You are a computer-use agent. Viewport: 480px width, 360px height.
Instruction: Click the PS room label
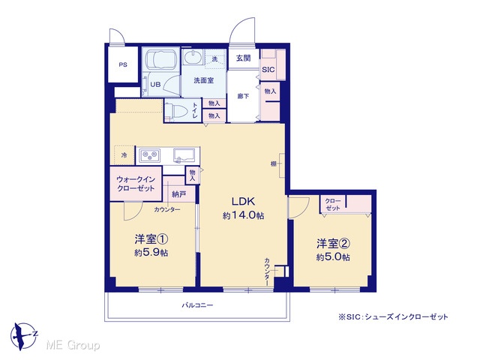(x=123, y=65)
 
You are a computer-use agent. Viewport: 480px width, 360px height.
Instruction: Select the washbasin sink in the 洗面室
(x=193, y=57)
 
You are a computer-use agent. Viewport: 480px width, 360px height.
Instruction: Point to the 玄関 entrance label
(x=244, y=58)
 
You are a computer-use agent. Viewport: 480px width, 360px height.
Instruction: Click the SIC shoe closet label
(x=268, y=70)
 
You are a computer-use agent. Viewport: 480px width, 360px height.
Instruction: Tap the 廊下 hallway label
(x=243, y=96)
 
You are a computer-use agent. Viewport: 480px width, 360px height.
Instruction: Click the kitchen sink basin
(x=184, y=155)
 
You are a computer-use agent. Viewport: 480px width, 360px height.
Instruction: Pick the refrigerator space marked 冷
(x=124, y=155)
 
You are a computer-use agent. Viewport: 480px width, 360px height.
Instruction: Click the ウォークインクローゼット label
(x=136, y=184)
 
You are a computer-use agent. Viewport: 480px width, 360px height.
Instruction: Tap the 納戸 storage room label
(x=179, y=194)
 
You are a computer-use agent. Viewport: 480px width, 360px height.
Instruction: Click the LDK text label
(x=243, y=202)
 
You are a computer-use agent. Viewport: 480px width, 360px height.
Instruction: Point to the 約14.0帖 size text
(x=244, y=215)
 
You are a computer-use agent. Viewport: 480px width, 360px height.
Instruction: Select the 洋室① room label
(x=151, y=239)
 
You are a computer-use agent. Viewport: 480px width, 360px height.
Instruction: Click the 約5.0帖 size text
(x=333, y=256)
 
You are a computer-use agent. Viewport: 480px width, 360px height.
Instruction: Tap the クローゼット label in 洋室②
(x=333, y=205)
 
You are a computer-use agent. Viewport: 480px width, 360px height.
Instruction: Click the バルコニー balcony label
(x=197, y=305)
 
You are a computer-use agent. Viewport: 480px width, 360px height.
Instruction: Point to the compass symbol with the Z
(x=23, y=336)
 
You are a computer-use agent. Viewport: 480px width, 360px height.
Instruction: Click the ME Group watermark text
(x=73, y=346)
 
